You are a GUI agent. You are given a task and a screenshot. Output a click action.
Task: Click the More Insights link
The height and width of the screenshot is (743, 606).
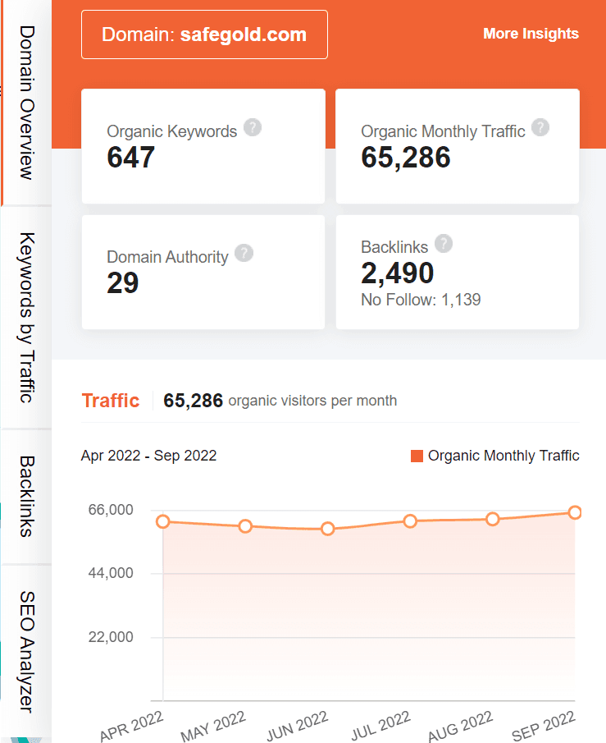coord(531,34)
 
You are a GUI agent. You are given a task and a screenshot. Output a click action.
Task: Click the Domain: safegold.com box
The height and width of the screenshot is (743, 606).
coord(204,34)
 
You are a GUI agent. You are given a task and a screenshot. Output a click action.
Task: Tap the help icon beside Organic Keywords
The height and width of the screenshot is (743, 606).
coord(253,127)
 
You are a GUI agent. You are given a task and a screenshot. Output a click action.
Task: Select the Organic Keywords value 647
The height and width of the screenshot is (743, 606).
coord(131,156)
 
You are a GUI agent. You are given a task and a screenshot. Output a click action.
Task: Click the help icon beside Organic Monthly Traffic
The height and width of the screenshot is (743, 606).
coord(540,127)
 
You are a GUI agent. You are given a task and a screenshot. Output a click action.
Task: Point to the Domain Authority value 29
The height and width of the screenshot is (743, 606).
coord(123,282)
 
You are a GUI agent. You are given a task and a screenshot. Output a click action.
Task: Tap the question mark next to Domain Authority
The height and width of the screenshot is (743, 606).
coord(244,253)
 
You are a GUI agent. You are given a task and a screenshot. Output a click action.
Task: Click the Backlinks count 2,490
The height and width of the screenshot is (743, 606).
coord(398,273)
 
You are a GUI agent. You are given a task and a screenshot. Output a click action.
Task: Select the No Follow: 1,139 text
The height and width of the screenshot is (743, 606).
coord(421,300)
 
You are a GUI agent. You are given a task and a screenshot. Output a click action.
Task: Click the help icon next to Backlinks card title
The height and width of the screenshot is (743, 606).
coord(444,243)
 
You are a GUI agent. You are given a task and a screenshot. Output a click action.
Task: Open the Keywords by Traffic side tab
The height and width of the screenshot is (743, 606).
coord(26,318)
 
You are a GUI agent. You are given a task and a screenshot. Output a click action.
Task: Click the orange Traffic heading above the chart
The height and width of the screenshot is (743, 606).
coord(111,401)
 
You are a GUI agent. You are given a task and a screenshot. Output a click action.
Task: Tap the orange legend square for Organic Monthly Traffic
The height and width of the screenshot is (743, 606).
coord(417,456)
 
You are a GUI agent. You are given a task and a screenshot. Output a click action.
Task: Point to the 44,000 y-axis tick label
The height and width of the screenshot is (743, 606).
coord(110,573)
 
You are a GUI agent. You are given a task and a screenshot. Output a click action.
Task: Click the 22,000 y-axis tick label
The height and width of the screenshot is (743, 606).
coord(110,637)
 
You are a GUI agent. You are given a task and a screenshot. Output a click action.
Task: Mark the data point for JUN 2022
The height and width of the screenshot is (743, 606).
coord(328,529)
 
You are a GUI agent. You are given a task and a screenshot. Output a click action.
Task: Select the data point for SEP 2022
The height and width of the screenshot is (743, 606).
coord(575,512)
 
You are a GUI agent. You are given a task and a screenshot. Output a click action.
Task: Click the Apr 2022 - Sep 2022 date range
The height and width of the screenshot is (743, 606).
coord(148,456)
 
